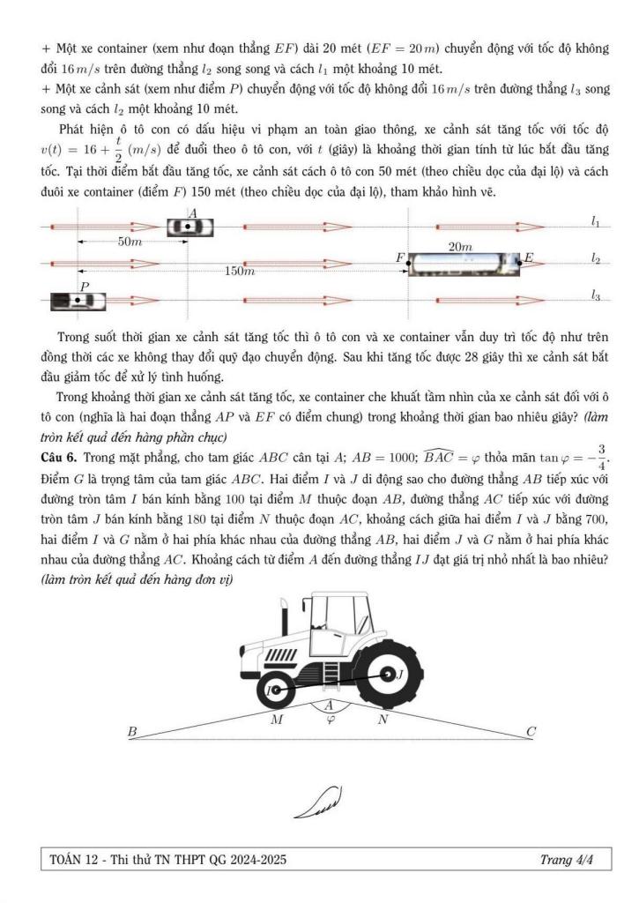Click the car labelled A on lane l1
tap(191, 227)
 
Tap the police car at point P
tap(78, 301)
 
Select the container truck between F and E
tap(464, 263)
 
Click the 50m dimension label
tap(130, 241)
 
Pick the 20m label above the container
tap(460, 248)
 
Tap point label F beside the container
tap(400, 257)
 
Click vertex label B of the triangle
tap(132, 731)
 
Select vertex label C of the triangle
tap(531, 731)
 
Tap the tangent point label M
tap(277, 719)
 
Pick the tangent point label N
tap(382, 719)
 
